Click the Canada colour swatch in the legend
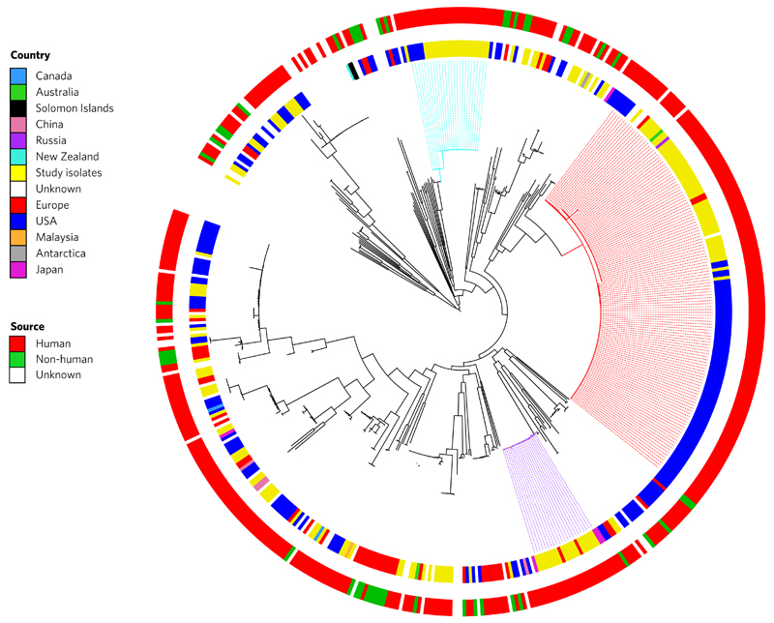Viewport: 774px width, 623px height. pyautogui.click(x=18, y=76)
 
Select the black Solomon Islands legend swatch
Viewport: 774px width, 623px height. pyautogui.click(x=18, y=108)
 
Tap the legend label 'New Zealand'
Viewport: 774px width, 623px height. pyautogui.click(x=67, y=157)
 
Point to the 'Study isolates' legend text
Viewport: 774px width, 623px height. pyautogui.click(x=69, y=173)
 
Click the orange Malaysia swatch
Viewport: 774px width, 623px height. pyautogui.click(x=18, y=237)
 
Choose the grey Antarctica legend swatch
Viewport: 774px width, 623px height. pyautogui.click(x=18, y=253)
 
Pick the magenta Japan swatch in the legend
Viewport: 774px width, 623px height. pyautogui.click(x=18, y=270)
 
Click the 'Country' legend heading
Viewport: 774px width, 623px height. pyautogui.click(x=30, y=55)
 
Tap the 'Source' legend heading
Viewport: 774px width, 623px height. pyautogui.click(x=27, y=326)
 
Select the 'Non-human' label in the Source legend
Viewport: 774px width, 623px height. pyautogui.click(x=64, y=359)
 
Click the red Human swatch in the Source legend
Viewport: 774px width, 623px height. pyautogui.click(x=17, y=343)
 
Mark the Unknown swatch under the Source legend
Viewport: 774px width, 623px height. pyautogui.click(x=17, y=375)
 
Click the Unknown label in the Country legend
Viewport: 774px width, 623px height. pyautogui.click(x=58, y=189)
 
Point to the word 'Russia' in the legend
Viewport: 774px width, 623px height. pyautogui.click(x=51, y=140)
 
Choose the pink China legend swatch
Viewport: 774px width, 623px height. pyautogui.click(x=18, y=125)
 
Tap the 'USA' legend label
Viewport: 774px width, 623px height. pyautogui.click(x=45, y=221)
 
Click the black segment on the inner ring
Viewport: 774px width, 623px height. pyautogui.click(x=354, y=71)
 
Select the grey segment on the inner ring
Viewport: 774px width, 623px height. pyautogui.click(x=585, y=79)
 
